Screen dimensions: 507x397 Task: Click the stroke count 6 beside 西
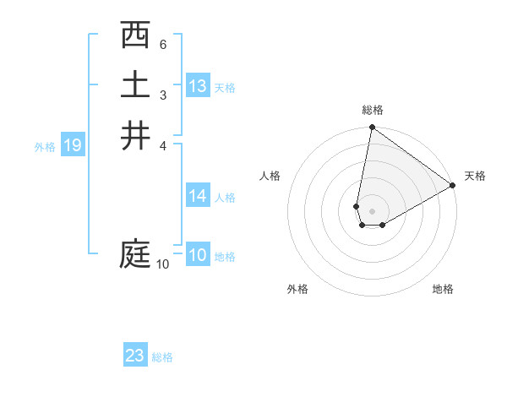coord(163,44)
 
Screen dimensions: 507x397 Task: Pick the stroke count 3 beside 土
coord(163,94)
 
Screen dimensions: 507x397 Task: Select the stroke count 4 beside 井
coord(163,144)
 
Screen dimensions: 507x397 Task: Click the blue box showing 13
coord(198,86)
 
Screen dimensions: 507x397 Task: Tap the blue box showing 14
coord(198,196)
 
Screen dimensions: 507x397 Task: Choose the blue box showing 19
coord(73,145)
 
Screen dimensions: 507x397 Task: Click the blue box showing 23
coord(135,356)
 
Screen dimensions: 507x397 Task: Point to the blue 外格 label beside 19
coord(45,146)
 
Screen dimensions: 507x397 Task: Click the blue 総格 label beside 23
coord(162,356)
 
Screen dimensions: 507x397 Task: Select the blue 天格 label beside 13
coord(225,87)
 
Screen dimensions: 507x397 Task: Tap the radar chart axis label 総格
coord(372,110)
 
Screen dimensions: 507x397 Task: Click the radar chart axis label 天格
coord(475,176)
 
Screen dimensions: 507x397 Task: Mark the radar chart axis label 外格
coord(297,289)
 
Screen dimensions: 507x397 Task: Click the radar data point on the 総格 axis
coord(372,128)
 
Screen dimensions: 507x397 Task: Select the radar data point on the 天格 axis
coord(453,186)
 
